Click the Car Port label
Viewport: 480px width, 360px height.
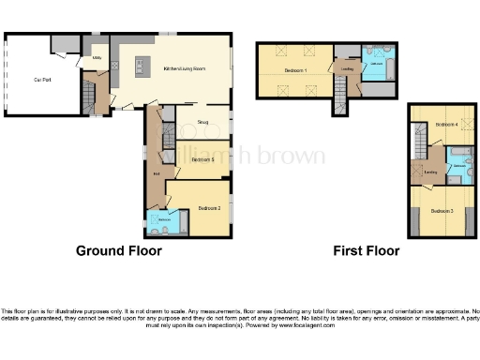41,81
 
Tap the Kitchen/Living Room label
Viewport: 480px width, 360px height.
184,68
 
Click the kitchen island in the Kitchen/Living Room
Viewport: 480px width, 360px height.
141,67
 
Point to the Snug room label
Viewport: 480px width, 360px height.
201,121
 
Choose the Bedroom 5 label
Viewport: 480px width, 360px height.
202,160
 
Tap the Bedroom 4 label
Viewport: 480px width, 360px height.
446,124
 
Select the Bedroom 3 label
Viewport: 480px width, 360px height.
442,211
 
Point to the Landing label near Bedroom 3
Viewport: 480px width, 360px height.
432,172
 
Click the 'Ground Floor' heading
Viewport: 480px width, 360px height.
118,251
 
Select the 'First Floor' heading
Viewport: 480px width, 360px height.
367,251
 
